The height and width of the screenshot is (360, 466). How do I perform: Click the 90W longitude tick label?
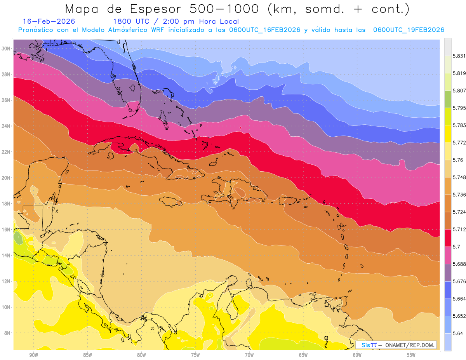tap(33, 355)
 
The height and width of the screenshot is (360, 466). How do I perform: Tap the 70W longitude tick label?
tap(249, 355)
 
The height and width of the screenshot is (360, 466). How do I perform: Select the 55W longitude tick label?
tap(411, 355)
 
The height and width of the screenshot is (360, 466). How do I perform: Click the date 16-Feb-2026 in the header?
tap(49, 21)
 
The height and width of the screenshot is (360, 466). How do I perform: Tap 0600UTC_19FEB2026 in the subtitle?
tap(409, 30)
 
